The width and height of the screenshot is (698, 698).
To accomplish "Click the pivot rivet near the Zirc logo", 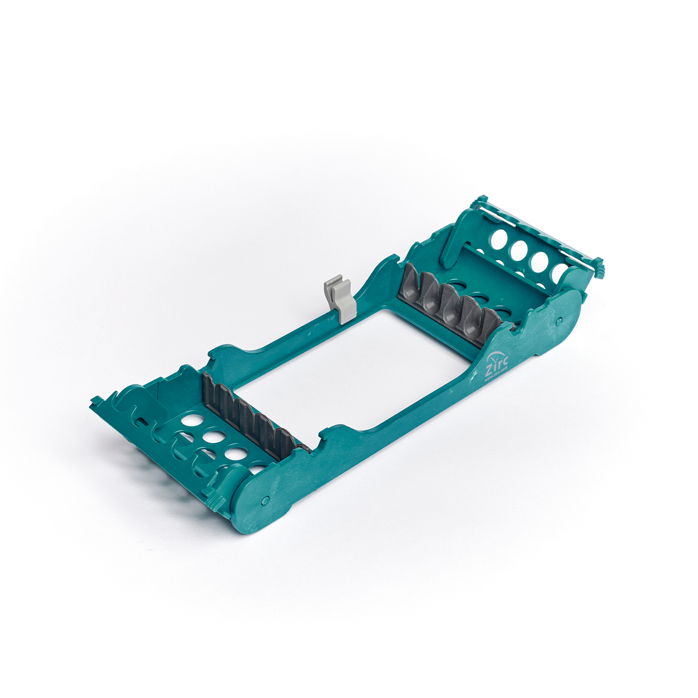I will pyautogui.click(x=559, y=320).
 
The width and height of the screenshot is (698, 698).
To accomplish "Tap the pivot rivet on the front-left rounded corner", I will pyautogui.click(x=265, y=499).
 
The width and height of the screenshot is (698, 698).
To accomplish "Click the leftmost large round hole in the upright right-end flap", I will pyautogui.click(x=498, y=238).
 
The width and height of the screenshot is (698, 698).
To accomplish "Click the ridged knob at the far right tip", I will pyautogui.click(x=599, y=269).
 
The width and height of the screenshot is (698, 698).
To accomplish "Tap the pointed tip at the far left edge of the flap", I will pyautogui.click(x=93, y=401).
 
